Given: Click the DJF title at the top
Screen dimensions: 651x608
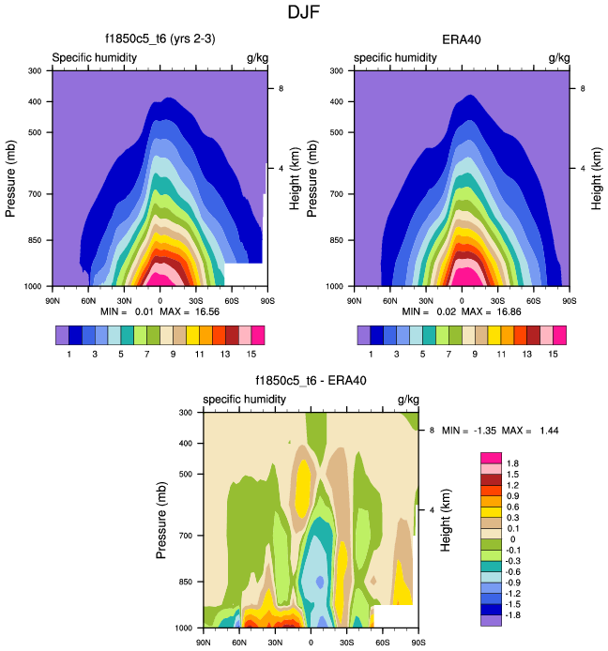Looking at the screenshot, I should point(304,13).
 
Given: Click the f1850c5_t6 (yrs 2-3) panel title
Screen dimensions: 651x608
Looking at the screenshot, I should point(160,39).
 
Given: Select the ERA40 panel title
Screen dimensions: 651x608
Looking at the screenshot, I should point(461,39).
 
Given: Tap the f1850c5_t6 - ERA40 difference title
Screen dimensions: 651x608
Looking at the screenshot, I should point(311,381).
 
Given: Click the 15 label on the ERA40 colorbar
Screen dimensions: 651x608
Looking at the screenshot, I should point(553,353).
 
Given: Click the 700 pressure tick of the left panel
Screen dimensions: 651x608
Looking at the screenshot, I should point(33,194).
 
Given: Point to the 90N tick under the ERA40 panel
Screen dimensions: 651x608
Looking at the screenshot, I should point(354,300).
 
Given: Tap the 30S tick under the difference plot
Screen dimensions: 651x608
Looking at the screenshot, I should point(346,642).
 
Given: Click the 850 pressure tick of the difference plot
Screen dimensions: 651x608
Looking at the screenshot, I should point(184,582).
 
